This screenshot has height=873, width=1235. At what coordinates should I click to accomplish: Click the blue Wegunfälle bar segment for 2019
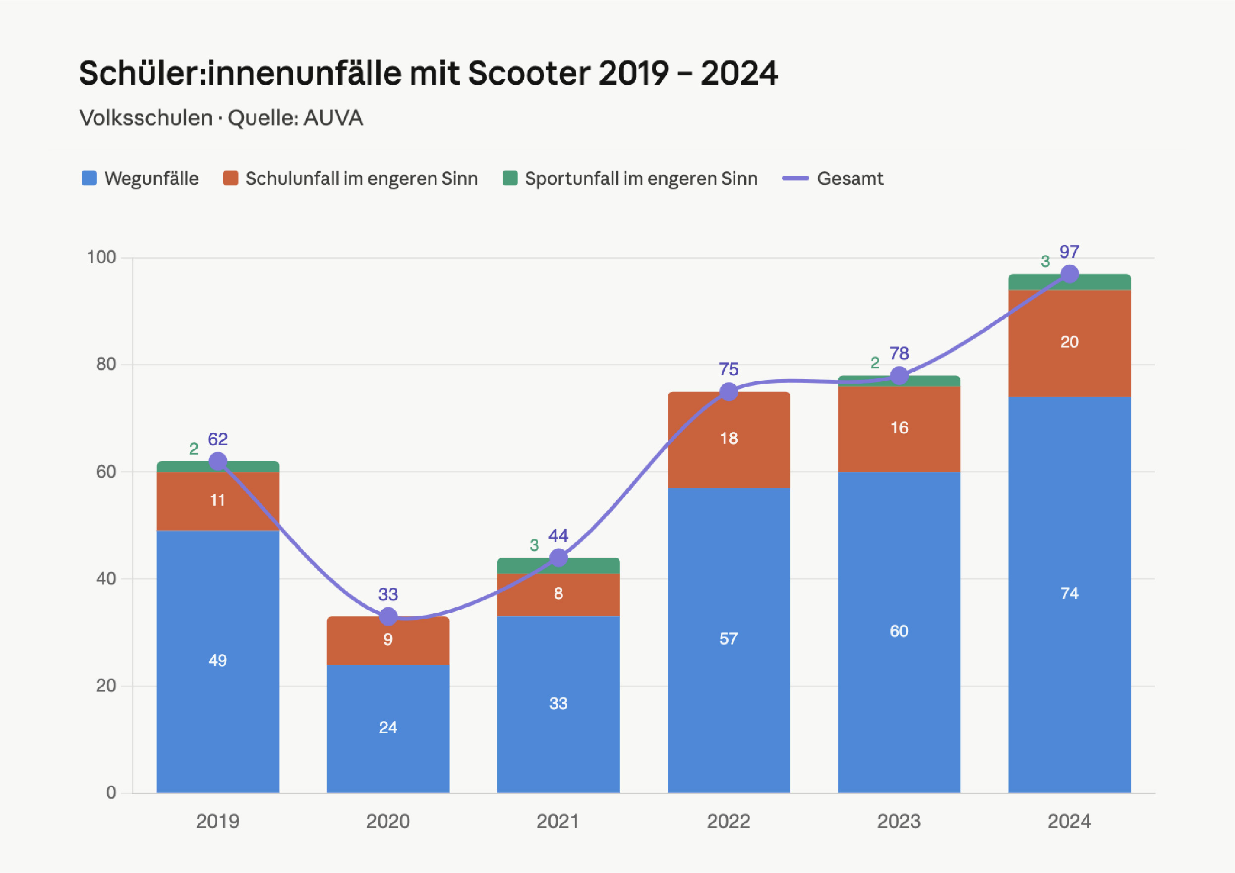pyautogui.click(x=218, y=662)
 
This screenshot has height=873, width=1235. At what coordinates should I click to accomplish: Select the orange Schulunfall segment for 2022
pyautogui.click(x=729, y=440)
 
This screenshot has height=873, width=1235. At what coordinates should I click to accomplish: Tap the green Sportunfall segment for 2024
pyautogui.click(x=1069, y=282)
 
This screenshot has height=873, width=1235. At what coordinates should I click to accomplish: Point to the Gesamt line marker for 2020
pyautogui.click(x=388, y=616)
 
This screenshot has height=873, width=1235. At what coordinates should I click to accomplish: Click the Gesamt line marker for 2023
pyautogui.click(x=899, y=375)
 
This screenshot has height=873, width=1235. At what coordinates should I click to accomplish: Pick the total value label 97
pyautogui.click(x=1069, y=252)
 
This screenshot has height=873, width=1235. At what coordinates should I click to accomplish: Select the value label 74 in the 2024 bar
pyautogui.click(x=1069, y=593)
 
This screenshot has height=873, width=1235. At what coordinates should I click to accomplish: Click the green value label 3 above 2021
pyautogui.click(x=534, y=545)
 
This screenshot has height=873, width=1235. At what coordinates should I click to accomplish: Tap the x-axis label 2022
pyautogui.click(x=728, y=821)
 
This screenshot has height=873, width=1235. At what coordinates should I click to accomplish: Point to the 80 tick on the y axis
pyautogui.click(x=106, y=364)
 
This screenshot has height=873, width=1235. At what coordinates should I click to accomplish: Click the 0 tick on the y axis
pyautogui.click(x=112, y=792)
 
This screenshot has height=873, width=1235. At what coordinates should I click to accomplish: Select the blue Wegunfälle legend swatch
pyautogui.click(x=89, y=178)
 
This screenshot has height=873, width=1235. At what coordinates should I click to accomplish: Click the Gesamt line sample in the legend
pyautogui.click(x=795, y=178)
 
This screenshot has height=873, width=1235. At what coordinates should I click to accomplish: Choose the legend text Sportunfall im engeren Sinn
pyautogui.click(x=641, y=178)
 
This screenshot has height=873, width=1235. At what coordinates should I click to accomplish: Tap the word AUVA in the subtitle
pyautogui.click(x=333, y=118)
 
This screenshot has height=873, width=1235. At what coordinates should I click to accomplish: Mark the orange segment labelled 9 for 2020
pyautogui.click(x=388, y=640)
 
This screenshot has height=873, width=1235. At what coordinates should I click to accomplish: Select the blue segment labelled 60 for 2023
pyautogui.click(x=899, y=633)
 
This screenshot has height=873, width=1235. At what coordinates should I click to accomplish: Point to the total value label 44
pyautogui.click(x=558, y=536)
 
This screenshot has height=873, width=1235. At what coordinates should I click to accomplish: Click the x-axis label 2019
pyautogui.click(x=217, y=821)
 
